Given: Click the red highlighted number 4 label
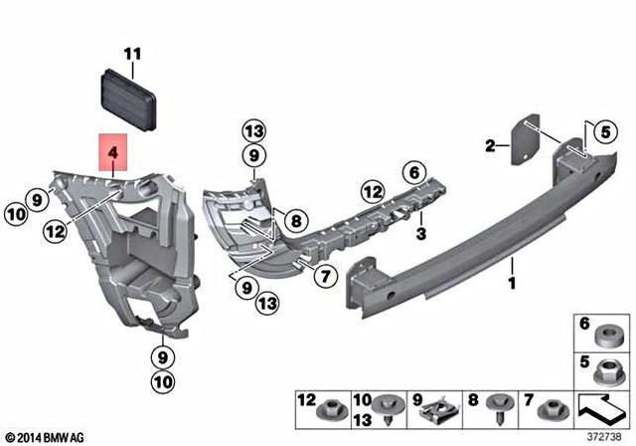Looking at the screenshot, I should (113, 154).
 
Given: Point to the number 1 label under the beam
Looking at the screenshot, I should (513, 266).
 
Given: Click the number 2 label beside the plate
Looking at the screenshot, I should (490, 147).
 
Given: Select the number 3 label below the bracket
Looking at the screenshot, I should (420, 234).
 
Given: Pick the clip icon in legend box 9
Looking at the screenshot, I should (435, 411).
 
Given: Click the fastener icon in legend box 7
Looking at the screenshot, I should (549, 409).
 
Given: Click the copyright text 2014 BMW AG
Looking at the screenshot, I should (45, 437).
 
